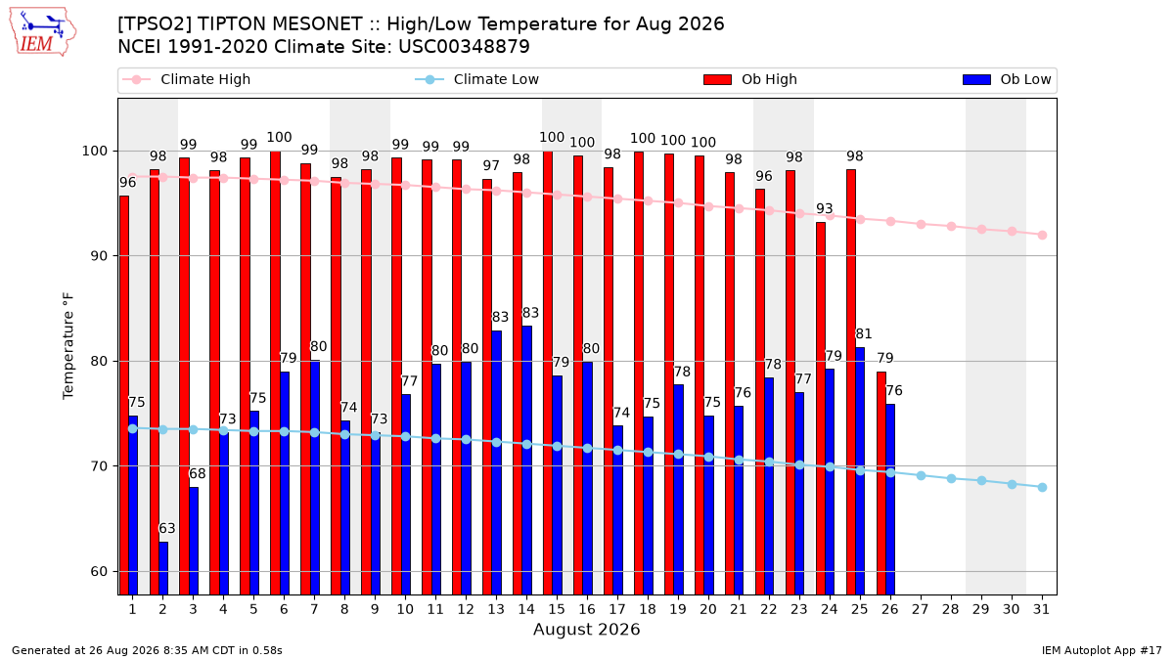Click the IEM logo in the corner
point(42,32)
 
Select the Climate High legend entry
point(186,79)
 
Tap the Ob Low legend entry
point(1007,79)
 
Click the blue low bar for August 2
point(163,568)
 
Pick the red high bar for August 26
point(881,483)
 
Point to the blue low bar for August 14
point(527,461)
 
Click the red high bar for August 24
point(821,409)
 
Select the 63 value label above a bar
point(166,528)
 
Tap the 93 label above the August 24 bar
point(825,208)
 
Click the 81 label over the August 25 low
point(863,333)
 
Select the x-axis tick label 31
point(1041,610)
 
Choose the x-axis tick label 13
point(496,610)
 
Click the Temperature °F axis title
point(68,346)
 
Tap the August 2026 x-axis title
point(586,629)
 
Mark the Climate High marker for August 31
point(1043,236)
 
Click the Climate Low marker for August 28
point(951,479)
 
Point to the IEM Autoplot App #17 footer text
point(1102,650)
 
